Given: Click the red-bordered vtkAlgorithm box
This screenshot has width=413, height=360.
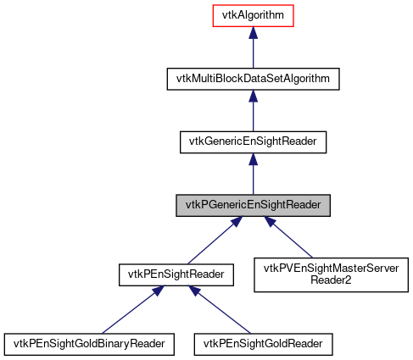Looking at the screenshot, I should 253,15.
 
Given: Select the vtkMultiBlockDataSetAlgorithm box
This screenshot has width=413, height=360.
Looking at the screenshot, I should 253,79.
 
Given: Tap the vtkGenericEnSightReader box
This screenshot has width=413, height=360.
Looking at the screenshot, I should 253,141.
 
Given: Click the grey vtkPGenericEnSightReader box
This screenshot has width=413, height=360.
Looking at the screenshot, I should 253,205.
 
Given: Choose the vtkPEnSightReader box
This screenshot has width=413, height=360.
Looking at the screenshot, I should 176,274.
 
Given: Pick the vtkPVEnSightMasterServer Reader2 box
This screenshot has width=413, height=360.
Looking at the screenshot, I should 332,274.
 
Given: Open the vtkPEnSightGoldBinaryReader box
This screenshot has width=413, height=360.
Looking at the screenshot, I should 90,344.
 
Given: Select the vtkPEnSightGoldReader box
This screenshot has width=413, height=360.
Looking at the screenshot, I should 263,344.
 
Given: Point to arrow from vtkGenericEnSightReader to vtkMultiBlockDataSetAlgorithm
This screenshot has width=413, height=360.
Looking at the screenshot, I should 253,112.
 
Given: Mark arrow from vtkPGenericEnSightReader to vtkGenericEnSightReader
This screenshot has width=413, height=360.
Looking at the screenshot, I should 253,175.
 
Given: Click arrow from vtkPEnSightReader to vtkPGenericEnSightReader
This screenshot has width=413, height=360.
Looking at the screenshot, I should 212,241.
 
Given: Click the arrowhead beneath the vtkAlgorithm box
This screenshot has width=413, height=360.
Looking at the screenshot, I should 253,33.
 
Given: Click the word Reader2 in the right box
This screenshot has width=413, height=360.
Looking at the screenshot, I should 332,280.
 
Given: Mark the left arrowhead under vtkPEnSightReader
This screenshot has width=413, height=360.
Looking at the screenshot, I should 157,291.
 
